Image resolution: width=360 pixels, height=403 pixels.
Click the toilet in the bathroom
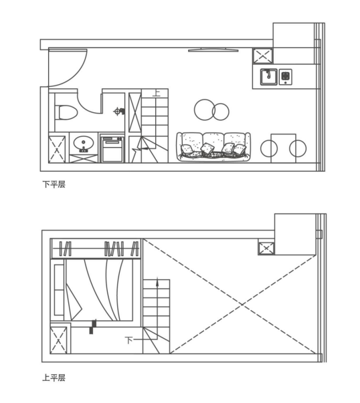(x=66, y=112)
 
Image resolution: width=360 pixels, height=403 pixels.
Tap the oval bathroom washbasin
(x=84, y=143)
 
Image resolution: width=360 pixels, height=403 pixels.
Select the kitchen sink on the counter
(x=268, y=77)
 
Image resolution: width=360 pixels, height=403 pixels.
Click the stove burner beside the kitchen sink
(x=285, y=77)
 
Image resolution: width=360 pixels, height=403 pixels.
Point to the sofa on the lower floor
(x=213, y=147)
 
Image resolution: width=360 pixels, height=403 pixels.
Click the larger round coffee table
(x=205, y=110)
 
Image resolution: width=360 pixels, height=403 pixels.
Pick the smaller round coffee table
(x=221, y=112)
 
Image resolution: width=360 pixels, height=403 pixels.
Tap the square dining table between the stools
(x=283, y=148)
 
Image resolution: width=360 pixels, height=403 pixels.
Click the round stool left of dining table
(x=269, y=148)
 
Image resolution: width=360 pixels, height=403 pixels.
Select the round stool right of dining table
(x=298, y=148)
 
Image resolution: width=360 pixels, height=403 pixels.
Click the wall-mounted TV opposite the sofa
(x=213, y=50)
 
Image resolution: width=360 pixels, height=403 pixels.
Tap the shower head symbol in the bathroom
(x=119, y=112)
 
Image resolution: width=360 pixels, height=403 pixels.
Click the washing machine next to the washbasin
(x=112, y=149)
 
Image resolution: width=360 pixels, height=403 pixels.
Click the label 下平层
(x=54, y=184)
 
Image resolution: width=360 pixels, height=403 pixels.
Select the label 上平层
(x=54, y=378)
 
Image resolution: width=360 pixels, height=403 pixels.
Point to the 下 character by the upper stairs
(x=128, y=340)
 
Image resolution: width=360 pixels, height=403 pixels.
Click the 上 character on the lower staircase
(x=156, y=93)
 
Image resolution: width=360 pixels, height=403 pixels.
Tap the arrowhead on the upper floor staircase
(x=157, y=282)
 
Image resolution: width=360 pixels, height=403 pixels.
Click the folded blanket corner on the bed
(x=74, y=302)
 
